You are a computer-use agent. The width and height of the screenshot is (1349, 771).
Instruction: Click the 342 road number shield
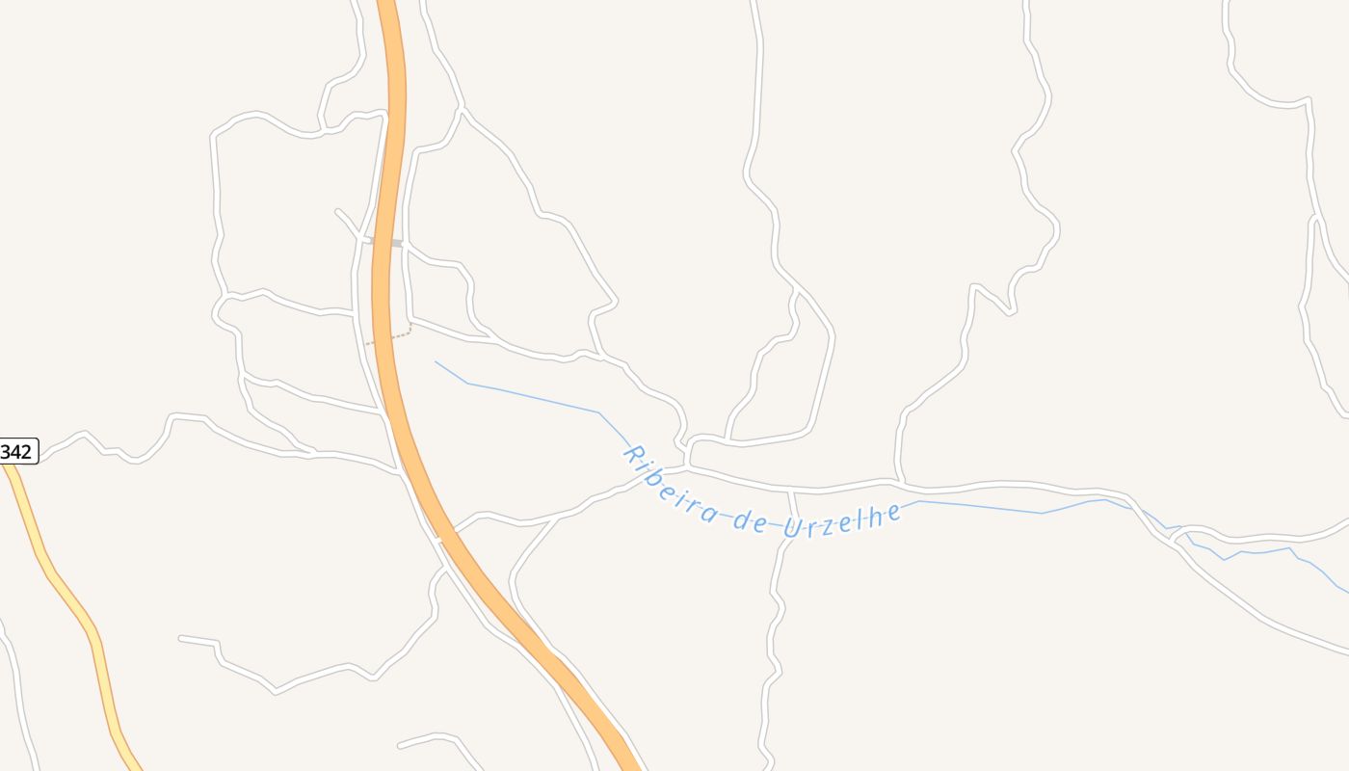[x=17, y=451]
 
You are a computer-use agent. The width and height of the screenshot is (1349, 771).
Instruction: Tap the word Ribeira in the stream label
[x=671, y=485]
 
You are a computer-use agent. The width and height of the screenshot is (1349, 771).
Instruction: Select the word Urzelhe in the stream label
[x=843, y=520]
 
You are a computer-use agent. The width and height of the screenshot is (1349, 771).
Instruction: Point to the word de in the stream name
[x=750, y=520]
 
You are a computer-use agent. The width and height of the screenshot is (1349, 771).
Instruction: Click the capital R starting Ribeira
[x=634, y=453]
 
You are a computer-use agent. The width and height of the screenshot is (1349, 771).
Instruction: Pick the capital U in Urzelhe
[x=793, y=528]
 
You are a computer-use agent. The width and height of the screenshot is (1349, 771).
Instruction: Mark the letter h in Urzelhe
[x=876, y=517]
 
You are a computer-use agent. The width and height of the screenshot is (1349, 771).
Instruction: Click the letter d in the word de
[x=742, y=520]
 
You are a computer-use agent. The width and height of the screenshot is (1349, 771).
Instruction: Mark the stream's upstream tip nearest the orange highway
[x=436, y=362]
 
